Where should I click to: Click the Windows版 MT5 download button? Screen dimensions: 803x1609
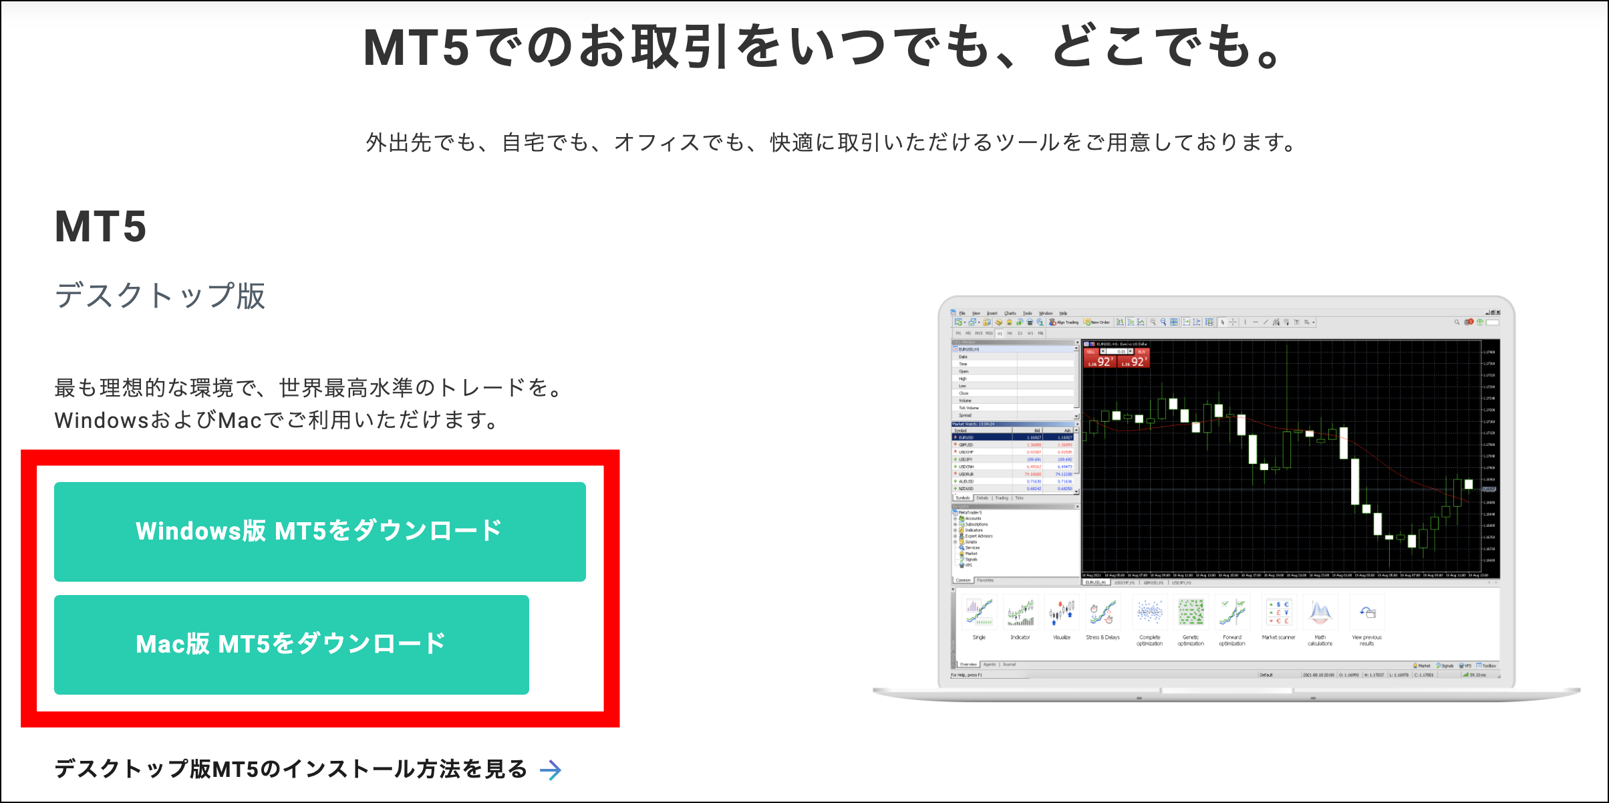[319, 532]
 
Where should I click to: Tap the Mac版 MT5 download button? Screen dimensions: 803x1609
[291, 645]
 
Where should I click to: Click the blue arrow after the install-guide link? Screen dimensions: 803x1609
[551, 770]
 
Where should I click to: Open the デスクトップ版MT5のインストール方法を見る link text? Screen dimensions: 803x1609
[291, 770]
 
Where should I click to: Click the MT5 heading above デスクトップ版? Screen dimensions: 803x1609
[100, 227]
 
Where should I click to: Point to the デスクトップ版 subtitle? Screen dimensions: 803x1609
[160, 296]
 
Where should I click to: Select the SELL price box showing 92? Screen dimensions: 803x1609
[1099, 362]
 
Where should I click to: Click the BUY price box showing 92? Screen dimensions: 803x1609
[1133, 362]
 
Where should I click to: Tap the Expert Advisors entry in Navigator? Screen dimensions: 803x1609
[978, 536]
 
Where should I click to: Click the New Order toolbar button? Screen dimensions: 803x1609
[1096, 322]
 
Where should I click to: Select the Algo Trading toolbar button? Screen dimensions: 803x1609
[1064, 322]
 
